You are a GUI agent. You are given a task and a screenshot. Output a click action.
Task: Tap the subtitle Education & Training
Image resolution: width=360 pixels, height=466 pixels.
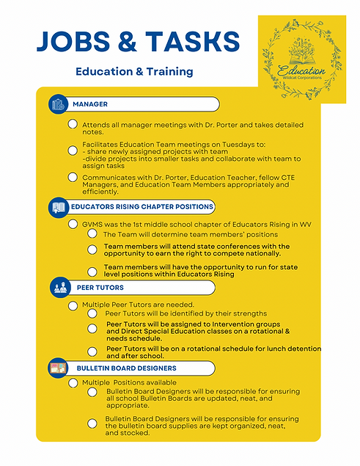134,72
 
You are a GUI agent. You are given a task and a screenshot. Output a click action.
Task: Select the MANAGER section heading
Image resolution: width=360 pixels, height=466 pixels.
89,104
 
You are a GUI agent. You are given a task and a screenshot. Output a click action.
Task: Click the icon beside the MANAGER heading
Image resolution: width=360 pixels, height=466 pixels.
59,104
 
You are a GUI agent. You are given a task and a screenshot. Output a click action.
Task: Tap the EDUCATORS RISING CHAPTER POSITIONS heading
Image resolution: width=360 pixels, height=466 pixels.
142,207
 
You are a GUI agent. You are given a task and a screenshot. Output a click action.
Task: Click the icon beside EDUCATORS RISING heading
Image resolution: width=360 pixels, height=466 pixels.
59,208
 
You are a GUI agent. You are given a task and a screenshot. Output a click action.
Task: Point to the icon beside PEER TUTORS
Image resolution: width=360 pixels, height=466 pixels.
59,287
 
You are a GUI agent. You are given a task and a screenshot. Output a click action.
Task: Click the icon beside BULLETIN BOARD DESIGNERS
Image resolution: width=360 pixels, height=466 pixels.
59,367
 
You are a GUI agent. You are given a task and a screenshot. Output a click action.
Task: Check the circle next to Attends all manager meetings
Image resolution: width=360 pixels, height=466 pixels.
73,125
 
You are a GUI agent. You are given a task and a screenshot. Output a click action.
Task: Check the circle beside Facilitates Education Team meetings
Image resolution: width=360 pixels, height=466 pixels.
73,150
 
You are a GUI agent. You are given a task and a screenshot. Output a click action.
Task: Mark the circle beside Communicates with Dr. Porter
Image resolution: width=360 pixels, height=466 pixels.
73,177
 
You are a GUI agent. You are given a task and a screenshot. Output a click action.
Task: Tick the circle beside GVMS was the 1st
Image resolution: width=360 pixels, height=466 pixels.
73,219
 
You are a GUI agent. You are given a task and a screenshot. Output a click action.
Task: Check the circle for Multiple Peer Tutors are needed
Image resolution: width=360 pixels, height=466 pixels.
73,302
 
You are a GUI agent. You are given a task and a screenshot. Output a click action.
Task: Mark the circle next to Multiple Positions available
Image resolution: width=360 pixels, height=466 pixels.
73,382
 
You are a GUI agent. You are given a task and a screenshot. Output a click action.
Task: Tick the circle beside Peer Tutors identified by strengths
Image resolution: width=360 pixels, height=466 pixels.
92,313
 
